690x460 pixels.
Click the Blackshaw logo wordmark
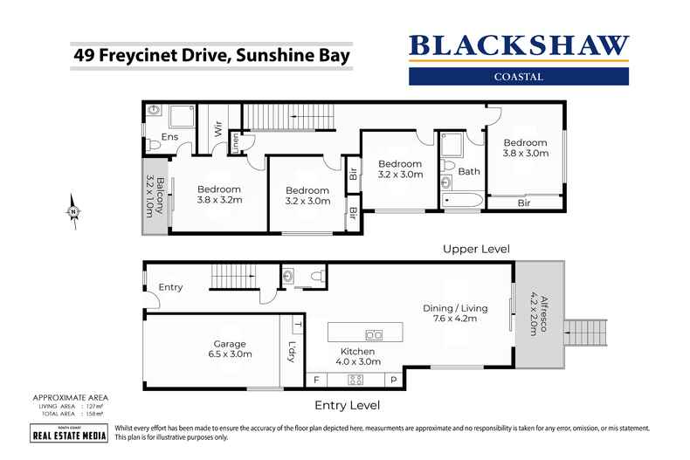pyautogui.click(x=518, y=45)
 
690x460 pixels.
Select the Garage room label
pyautogui.click(x=230, y=349)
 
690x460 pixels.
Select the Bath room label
pyautogui.click(x=469, y=171)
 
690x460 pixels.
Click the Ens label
pyautogui.click(x=169, y=138)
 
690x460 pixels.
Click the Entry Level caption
pyautogui.click(x=348, y=404)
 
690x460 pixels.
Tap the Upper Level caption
pyautogui.click(x=475, y=248)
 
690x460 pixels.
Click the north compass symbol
pyautogui.click(x=73, y=209)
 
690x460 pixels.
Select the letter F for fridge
pyautogui.click(x=316, y=381)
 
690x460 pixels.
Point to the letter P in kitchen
pyautogui.click(x=393, y=381)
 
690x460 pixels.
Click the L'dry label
pyautogui.click(x=291, y=352)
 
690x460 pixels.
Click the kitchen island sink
pyautogui.click(x=373, y=334)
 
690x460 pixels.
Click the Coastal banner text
pyautogui.click(x=518, y=76)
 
